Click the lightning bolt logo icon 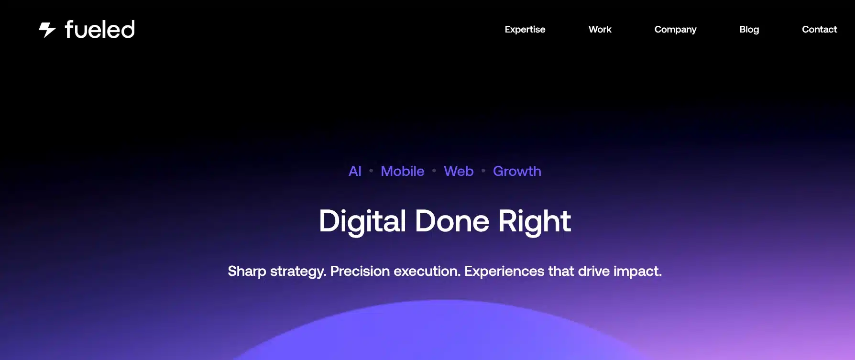pyautogui.click(x=47, y=30)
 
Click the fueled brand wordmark pyautogui.click(x=99, y=29)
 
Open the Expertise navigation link pyautogui.click(x=525, y=30)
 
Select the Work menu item pyautogui.click(x=600, y=30)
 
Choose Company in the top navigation pyautogui.click(x=675, y=30)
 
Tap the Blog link pyautogui.click(x=749, y=30)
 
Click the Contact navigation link pyautogui.click(x=819, y=30)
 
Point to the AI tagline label pyautogui.click(x=355, y=171)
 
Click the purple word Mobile pyautogui.click(x=402, y=171)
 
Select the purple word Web pyautogui.click(x=459, y=171)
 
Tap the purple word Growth pyautogui.click(x=517, y=171)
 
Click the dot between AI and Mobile pyautogui.click(x=371, y=170)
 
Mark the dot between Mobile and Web pyautogui.click(x=434, y=170)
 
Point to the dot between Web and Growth pyautogui.click(x=483, y=170)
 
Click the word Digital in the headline pyautogui.click(x=362, y=222)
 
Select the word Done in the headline pyautogui.click(x=452, y=221)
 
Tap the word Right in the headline pyautogui.click(x=535, y=222)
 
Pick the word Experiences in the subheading pyautogui.click(x=504, y=272)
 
